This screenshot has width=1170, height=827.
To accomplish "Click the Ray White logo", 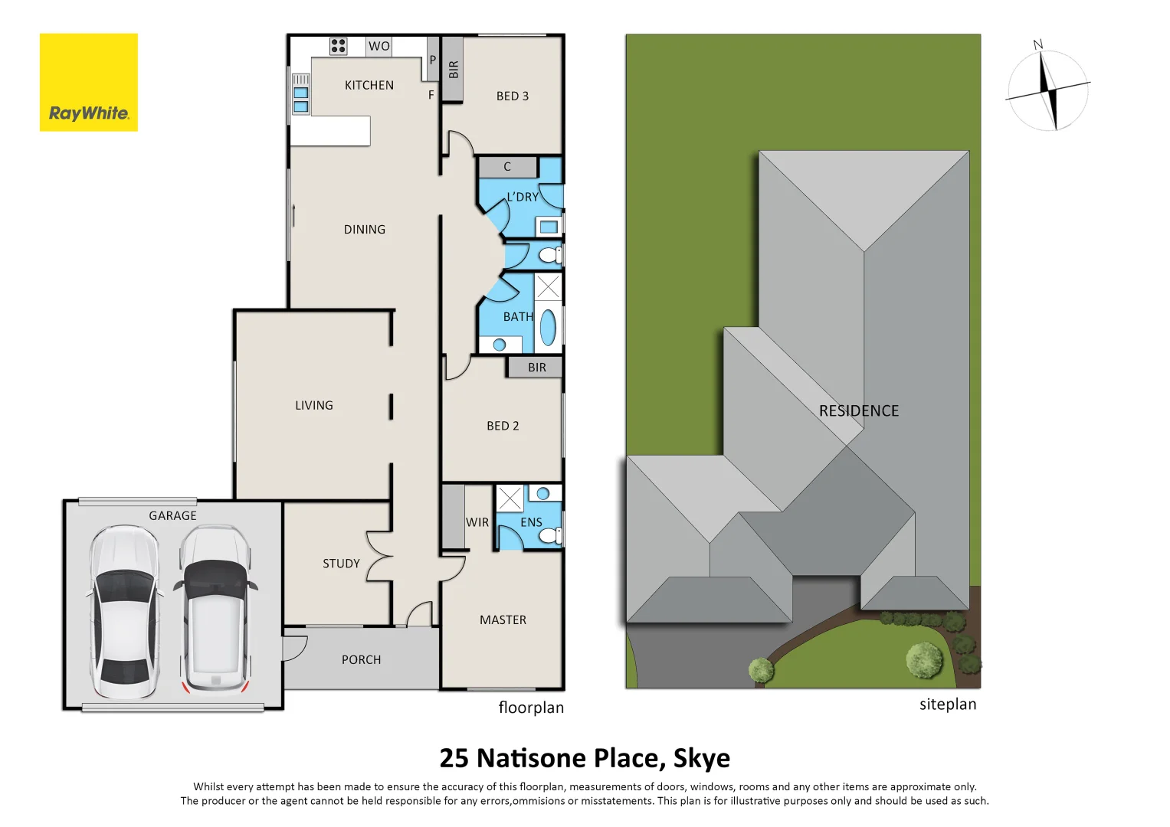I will pyautogui.click(x=88, y=83).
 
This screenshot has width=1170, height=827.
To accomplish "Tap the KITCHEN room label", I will pyautogui.click(x=369, y=85).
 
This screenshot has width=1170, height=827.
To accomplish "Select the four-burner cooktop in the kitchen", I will pyautogui.click(x=338, y=46).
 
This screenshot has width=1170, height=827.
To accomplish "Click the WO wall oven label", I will pyautogui.click(x=379, y=46).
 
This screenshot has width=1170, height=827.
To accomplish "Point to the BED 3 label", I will pyautogui.click(x=512, y=96).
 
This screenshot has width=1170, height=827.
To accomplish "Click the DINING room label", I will pyautogui.click(x=364, y=229).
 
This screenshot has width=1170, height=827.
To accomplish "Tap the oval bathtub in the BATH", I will pyautogui.click(x=548, y=327).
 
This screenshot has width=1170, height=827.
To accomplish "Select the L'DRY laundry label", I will pyautogui.click(x=522, y=197).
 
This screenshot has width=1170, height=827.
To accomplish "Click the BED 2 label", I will pyautogui.click(x=503, y=426).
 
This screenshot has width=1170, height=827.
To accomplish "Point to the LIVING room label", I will pyautogui.click(x=313, y=405).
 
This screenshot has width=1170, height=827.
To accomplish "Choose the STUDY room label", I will pyautogui.click(x=341, y=564).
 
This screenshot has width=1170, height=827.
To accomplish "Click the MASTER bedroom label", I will pyautogui.click(x=503, y=619).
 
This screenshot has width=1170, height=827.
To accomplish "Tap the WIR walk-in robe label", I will pyautogui.click(x=477, y=522).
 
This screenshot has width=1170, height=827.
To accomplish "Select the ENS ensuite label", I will pyautogui.click(x=531, y=522).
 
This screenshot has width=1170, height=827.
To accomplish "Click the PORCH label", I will pyautogui.click(x=361, y=659).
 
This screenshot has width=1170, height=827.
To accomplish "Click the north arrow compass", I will pyautogui.click(x=1047, y=90).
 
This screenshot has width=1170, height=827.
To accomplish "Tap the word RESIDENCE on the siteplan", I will pyautogui.click(x=858, y=410).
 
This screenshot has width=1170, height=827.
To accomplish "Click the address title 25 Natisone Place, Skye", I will pyautogui.click(x=585, y=757).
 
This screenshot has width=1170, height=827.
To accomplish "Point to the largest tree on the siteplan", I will pyautogui.click(x=924, y=659).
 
